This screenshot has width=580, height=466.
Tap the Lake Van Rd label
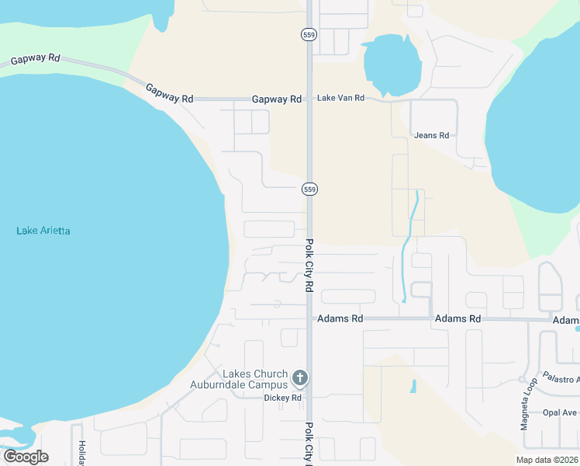pyautogui.click(x=340, y=99)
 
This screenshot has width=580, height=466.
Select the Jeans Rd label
pyautogui.click(x=432, y=135)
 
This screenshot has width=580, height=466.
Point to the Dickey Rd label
pyautogui.click(x=282, y=398)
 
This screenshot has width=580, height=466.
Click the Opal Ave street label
pyautogui.click(x=559, y=412)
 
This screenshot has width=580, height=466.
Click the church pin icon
pyautogui.click(x=299, y=379)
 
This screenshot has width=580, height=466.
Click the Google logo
pyautogui.click(x=26, y=457)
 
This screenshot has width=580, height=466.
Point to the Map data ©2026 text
pyautogui.click(x=547, y=460)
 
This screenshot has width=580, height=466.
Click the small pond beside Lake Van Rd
pyautogui.click(x=392, y=63)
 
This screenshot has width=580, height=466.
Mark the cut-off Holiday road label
pyautogui.click(x=81, y=453)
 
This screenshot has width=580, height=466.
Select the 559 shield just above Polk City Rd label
pyautogui.click(x=309, y=190)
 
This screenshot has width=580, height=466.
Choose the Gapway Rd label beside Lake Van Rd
pyautogui.click(x=277, y=99)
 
